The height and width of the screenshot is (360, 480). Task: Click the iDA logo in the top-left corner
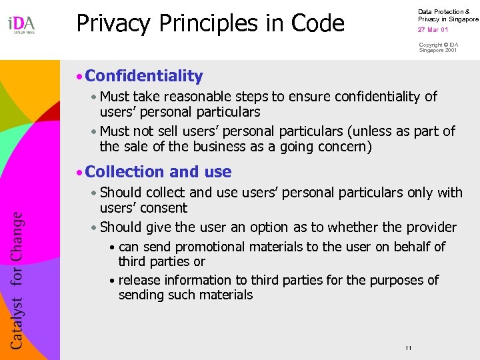point(21,25)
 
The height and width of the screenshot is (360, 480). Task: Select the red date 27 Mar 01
point(433,30)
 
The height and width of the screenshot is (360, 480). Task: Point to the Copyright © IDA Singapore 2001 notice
point(438,47)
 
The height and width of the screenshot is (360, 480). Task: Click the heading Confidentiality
point(144,76)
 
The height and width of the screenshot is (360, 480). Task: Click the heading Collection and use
point(158,172)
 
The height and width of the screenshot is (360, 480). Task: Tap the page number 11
point(408,349)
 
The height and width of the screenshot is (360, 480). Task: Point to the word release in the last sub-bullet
point(140,280)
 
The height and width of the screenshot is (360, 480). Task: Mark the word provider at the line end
point(431,227)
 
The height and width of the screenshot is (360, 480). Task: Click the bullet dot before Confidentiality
point(79,77)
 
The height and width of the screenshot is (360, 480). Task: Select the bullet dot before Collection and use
point(79,173)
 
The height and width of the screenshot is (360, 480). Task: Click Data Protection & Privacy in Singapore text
point(447,15)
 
